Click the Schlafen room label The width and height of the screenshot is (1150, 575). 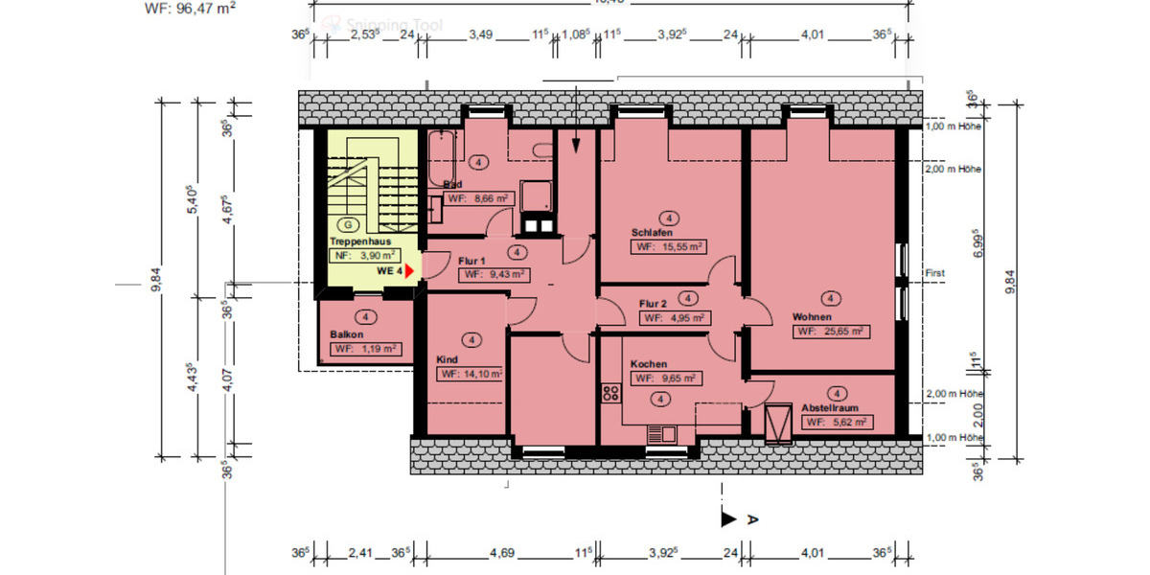[652, 233]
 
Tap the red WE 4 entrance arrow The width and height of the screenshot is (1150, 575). [409, 272]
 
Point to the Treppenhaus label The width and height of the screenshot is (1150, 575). [358, 242]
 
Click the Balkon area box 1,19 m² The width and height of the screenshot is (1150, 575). [365, 349]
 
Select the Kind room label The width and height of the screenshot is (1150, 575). [447, 359]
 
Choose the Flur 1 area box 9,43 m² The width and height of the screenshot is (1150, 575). [494, 274]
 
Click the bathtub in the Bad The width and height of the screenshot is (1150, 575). [442, 158]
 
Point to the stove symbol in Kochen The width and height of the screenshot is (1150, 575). [609, 391]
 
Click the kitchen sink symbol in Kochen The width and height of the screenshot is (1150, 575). [661, 432]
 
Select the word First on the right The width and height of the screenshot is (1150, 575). [934, 273]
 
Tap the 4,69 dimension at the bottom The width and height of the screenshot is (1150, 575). [502, 553]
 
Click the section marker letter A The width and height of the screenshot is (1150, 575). [752, 519]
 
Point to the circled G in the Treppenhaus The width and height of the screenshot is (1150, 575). [349, 223]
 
